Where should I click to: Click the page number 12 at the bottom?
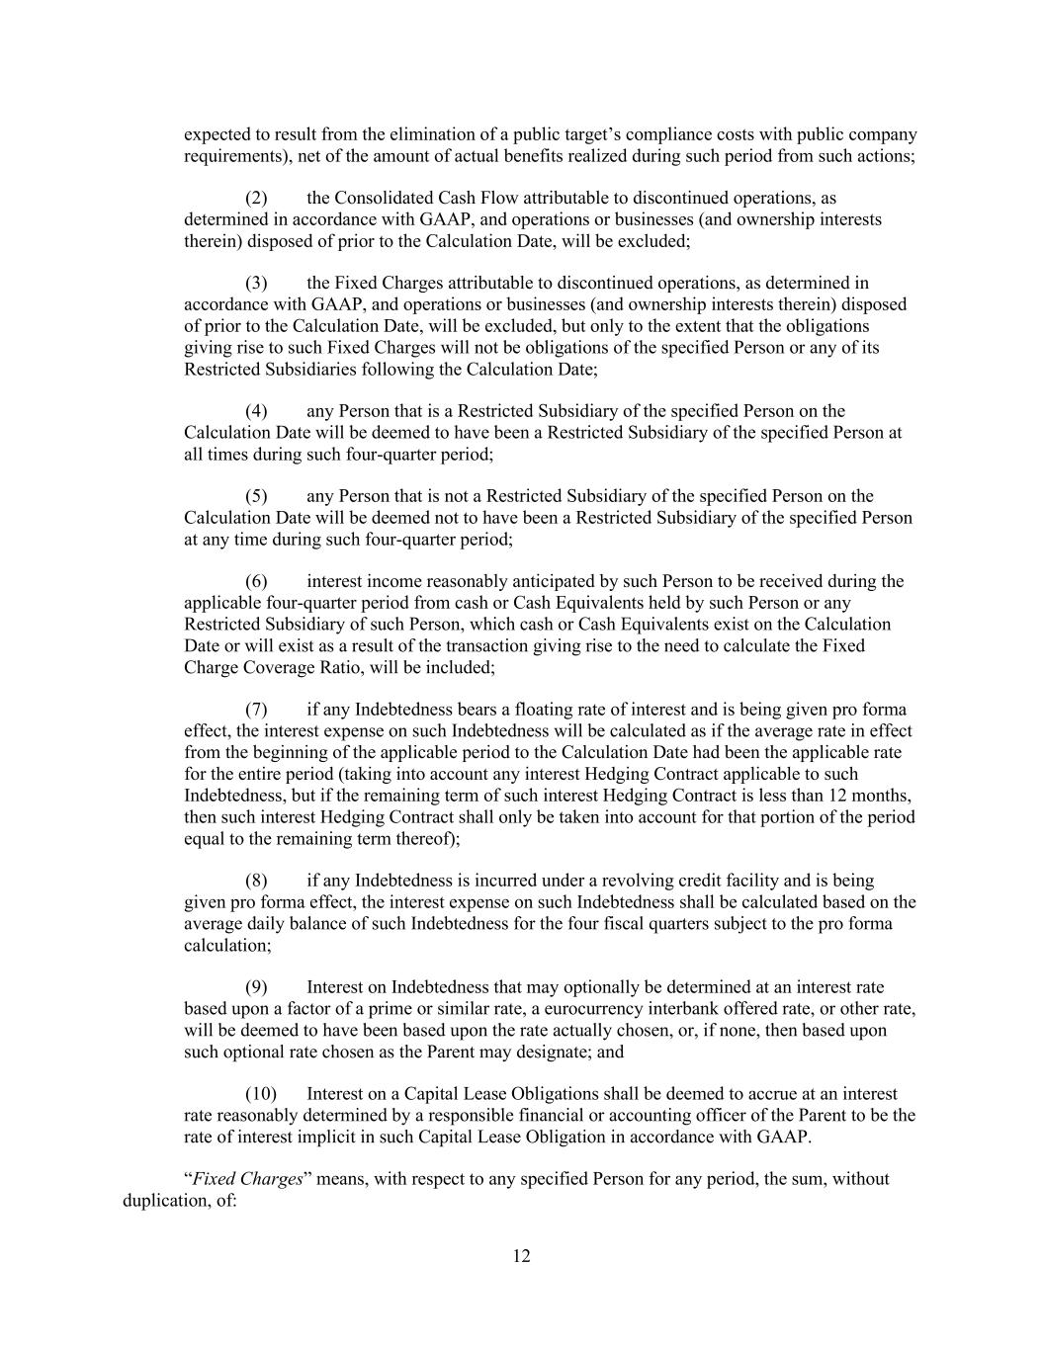coord(521,1256)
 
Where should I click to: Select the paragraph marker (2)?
coord(256,198)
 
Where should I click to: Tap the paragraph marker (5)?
coord(256,496)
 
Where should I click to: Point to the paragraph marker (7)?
coord(256,710)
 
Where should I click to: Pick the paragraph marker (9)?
coord(256,987)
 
